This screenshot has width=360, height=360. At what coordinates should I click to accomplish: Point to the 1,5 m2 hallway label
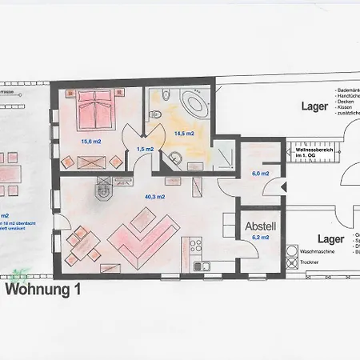click(145, 149)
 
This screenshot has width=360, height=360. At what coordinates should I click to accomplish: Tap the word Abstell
click(261, 226)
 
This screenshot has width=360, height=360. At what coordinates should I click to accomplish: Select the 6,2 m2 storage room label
click(262, 238)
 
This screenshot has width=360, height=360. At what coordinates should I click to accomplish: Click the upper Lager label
click(314, 106)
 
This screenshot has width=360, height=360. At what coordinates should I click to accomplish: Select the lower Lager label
click(330, 239)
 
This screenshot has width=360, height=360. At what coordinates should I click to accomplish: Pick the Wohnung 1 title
click(44, 290)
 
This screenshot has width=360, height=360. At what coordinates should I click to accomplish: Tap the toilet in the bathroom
click(165, 96)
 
